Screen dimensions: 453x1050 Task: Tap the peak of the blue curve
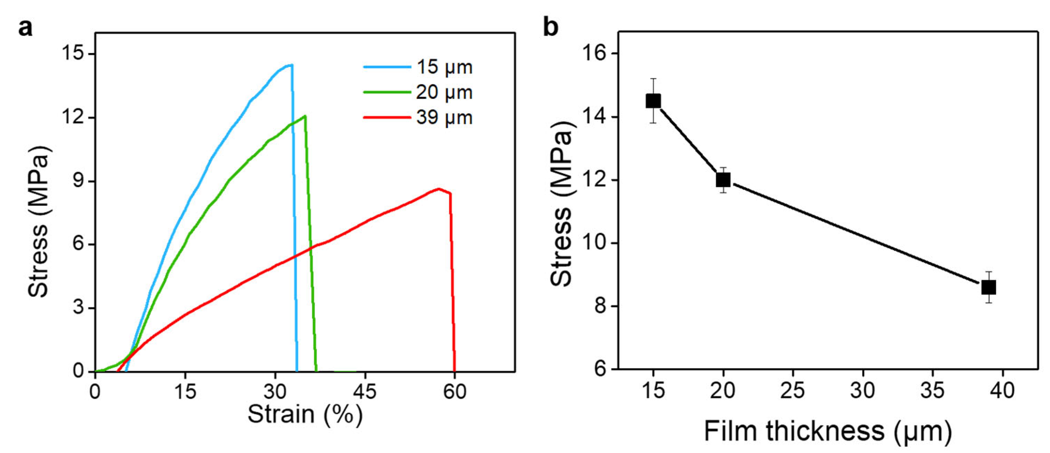[291, 65]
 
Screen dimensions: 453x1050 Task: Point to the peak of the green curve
[305, 116]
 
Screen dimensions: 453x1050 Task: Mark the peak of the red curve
[439, 189]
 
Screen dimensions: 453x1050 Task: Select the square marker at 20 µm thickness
[723, 180]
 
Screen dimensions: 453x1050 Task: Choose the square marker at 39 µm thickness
[988, 287]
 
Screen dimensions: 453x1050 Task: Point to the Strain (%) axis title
[305, 414]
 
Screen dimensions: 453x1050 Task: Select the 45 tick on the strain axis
[364, 391]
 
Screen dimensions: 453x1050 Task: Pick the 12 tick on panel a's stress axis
[72, 118]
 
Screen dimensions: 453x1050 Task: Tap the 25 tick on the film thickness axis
[793, 390]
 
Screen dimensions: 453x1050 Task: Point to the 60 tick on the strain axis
[455, 391]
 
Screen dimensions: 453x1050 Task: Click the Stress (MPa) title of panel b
[563, 204]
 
